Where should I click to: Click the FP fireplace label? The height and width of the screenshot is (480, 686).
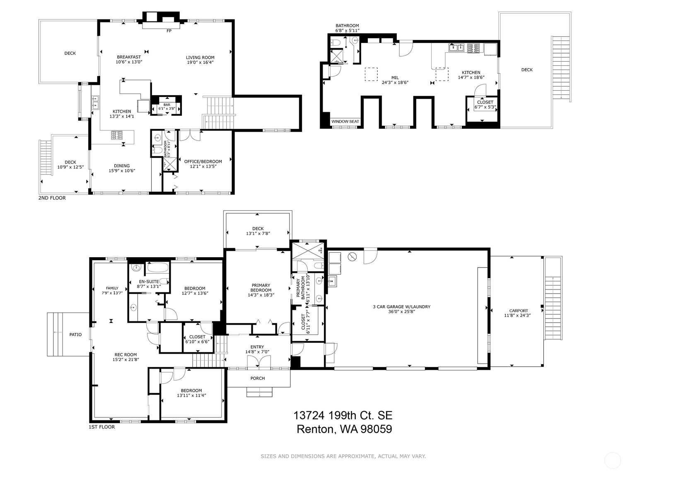coord(169,31)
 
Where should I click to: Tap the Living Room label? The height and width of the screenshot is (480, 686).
coord(200,60)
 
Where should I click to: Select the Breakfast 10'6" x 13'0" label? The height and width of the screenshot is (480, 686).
coord(129,60)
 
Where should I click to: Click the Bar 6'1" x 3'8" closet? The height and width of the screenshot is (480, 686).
coord(167,107)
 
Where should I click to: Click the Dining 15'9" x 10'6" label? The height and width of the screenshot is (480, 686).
coord(122,168)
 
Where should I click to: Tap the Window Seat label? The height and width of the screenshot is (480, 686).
coord(345,121)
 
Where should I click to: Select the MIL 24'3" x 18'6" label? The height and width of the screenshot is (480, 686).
coord(395,80)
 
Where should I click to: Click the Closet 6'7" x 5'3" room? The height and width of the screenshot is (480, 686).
coord(485,105)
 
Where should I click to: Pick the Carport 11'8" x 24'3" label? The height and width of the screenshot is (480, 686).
coord(519,313)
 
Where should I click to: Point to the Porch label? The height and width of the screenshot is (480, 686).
coord(257,378)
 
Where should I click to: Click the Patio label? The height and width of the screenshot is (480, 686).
coord(75,334)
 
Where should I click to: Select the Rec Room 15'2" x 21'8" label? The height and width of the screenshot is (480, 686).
coord(125,357)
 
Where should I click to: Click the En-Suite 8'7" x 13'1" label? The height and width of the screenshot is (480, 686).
coord(148,284)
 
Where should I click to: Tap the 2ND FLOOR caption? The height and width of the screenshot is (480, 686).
coord(52,198)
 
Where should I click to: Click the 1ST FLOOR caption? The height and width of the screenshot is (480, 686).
coord(101,427)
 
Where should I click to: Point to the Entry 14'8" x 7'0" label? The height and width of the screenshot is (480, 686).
coord(257,350)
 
